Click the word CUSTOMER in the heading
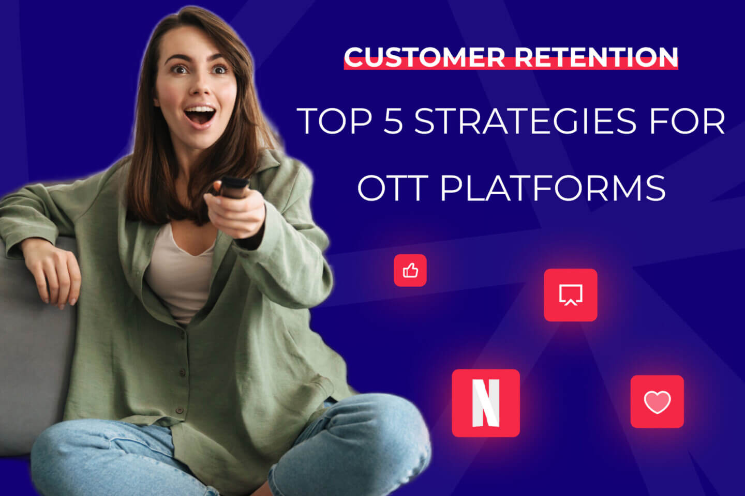click(424, 57)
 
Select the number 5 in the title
click(393, 121)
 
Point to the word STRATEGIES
click(525, 121)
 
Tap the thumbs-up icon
click(410, 270)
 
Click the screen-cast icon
click(570, 295)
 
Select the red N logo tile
click(486, 403)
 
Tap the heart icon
click(657, 401)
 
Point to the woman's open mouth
click(200, 116)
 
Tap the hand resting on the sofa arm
click(54, 274)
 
